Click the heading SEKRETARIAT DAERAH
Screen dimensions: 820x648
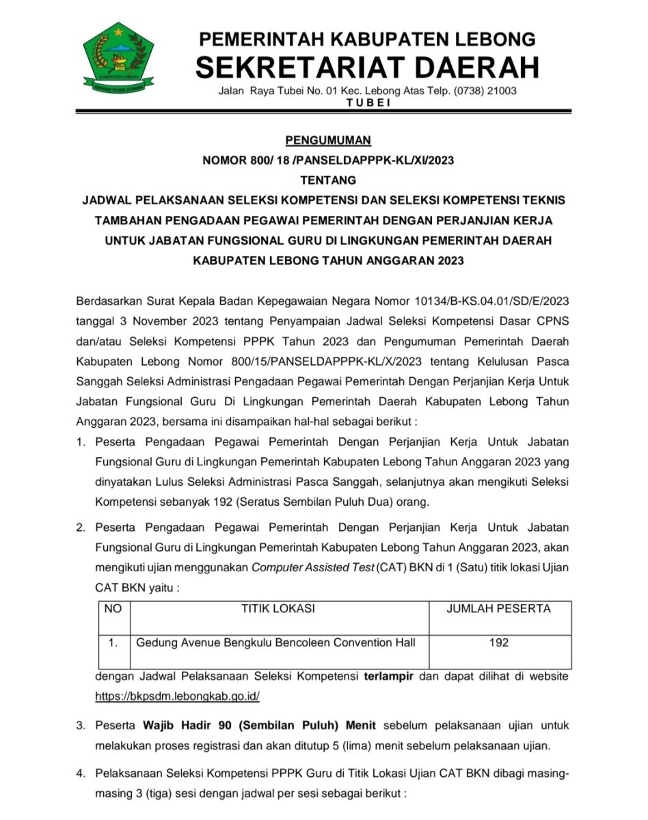click(367, 67)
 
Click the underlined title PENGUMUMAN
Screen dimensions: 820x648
click(328, 141)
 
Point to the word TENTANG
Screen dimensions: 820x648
click(328, 181)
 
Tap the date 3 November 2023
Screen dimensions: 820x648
click(161, 321)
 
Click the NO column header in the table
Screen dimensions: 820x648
click(113, 609)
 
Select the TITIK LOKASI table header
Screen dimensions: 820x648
click(278, 609)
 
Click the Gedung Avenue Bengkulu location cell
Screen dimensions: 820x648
click(275, 643)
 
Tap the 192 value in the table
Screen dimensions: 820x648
click(499, 643)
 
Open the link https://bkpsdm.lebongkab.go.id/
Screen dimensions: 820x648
click(177, 696)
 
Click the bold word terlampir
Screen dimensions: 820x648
click(390, 676)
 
